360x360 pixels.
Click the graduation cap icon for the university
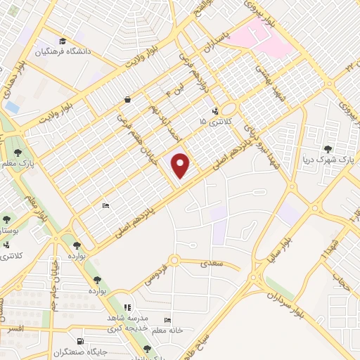coord(63,41)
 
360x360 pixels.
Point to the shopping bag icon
coord(127,100)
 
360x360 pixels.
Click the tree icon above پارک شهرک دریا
coord(328,148)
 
